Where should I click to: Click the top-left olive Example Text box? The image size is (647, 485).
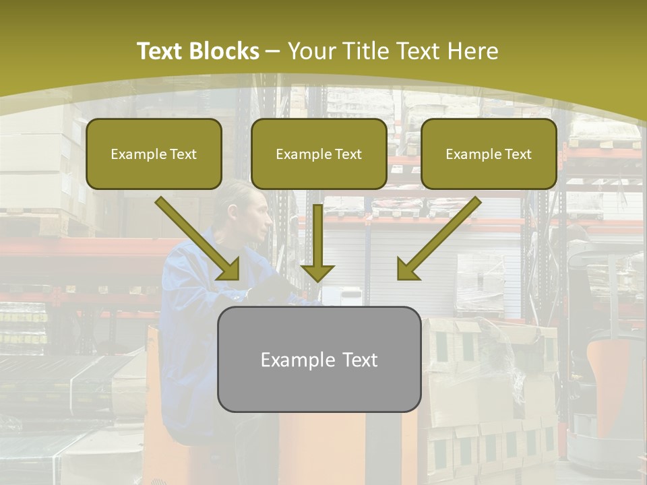pyautogui.click(x=154, y=154)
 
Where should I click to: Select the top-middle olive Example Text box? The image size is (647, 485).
pyautogui.click(x=319, y=154)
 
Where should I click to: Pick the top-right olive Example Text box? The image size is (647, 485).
pyautogui.click(x=489, y=154)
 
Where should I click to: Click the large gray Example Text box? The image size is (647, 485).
pyautogui.click(x=319, y=359)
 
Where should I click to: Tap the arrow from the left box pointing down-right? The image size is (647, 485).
pyautogui.click(x=198, y=238)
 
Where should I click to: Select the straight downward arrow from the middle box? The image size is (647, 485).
pyautogui.click(x=318, y=243)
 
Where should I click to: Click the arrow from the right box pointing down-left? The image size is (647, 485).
pyautogui.click(x=439, y=238)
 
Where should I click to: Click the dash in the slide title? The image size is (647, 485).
pyautogui.click(x=273, y=51)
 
